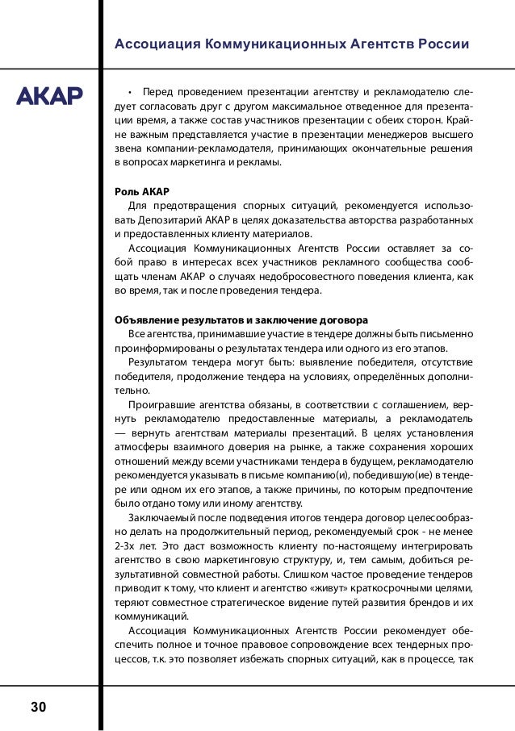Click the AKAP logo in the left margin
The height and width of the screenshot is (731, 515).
click(50, 97)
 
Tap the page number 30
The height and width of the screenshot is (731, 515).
click(39, 708)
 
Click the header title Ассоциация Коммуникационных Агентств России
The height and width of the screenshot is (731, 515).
click(292, 44)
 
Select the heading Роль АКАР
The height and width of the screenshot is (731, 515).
click(143, 191)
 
